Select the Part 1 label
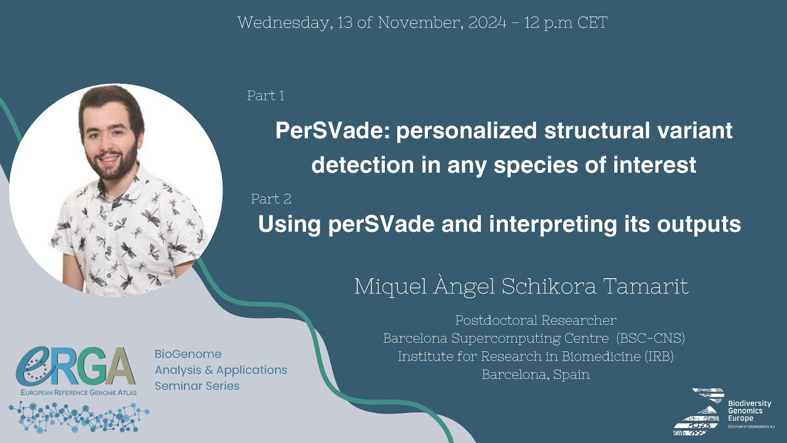pos(266,95)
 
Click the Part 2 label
pos(271,199)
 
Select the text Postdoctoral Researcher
pos(536,320)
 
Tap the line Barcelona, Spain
pos(536,374)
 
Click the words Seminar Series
pos(197,386)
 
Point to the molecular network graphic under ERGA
pos(79,417)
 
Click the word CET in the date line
pos(593,23)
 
